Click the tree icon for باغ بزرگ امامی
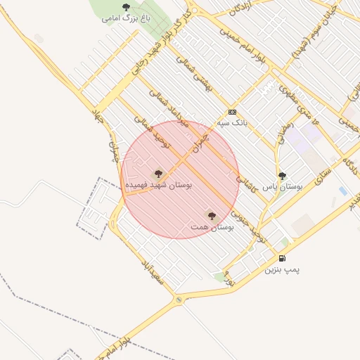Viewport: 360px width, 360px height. (126, 7)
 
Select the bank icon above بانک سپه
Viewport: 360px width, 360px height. (232, 112)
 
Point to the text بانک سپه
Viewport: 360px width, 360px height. (233, 122)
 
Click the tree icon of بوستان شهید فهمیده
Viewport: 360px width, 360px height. (158, 173)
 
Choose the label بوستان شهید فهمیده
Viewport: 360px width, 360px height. (158, 184)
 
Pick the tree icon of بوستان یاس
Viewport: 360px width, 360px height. (283, 176)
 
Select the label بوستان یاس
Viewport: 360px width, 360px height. (283, 188)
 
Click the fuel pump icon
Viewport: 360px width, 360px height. (283, 258)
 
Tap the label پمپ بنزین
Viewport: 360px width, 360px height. (283, 269)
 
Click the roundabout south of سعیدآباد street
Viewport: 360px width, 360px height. (179, 300)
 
